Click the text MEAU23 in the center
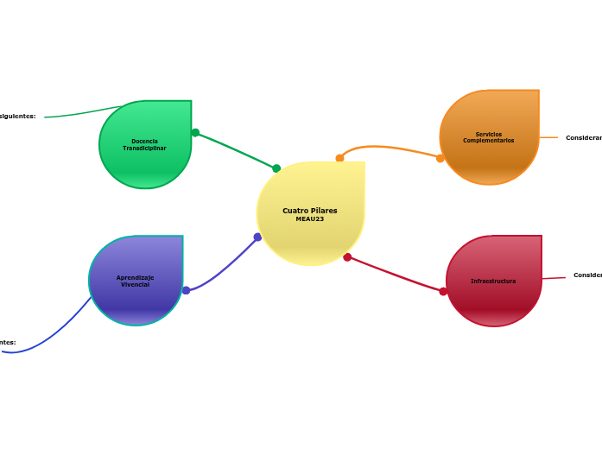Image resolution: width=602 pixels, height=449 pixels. tap(310, 219)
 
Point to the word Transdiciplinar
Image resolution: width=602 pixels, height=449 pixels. tap(144, 149)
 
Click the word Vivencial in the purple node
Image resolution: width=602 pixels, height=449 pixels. tap(135, 284)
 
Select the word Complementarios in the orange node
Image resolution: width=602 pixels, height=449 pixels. tap(489, 141)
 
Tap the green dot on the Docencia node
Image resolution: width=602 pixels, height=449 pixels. tap(195, 132)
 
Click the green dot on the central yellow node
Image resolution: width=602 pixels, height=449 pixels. tap(276, 168)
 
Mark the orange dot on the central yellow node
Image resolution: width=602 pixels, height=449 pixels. tap(339, 158)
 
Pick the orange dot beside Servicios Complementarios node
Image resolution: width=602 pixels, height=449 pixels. tap(440, 158)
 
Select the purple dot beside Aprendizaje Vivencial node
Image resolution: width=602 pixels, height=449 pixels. tap(186, 290)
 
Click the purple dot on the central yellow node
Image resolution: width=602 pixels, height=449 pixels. tap(257, 237)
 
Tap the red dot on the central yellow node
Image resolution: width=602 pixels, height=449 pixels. tap(347, 257)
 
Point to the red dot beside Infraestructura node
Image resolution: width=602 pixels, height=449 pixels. tap(443, 291)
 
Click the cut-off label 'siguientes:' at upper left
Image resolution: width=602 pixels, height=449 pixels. tap(18, 116)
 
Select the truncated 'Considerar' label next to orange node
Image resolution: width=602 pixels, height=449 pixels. tap(584, 138)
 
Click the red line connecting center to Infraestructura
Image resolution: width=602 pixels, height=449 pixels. tap(396, 275)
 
